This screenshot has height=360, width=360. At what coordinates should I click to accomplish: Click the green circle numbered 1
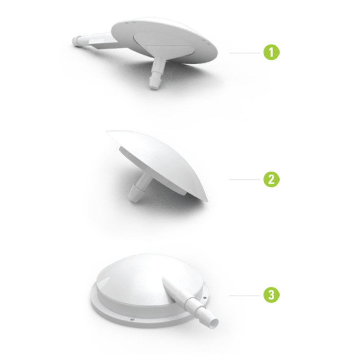point(272,52)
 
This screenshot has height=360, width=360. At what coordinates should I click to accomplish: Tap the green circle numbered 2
point(272,179)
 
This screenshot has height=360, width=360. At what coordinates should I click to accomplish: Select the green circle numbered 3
point(272,295)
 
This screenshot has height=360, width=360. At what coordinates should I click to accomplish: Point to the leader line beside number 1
point(244,53)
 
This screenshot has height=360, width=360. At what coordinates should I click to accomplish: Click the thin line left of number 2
point(244,179)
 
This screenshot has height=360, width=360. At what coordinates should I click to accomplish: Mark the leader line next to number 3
point(244,296)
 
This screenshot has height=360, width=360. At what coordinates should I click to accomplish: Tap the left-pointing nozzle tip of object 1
point(78,40)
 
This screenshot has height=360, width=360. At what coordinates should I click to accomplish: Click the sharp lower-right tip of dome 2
point(207,202)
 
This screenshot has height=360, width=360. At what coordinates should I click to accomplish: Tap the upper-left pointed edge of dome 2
point(107,132)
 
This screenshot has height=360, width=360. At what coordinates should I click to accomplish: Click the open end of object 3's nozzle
point(214,323)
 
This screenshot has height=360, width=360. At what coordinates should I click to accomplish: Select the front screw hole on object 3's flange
point(132,319)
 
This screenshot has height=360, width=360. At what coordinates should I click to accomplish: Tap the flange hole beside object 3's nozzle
point(205,298)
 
